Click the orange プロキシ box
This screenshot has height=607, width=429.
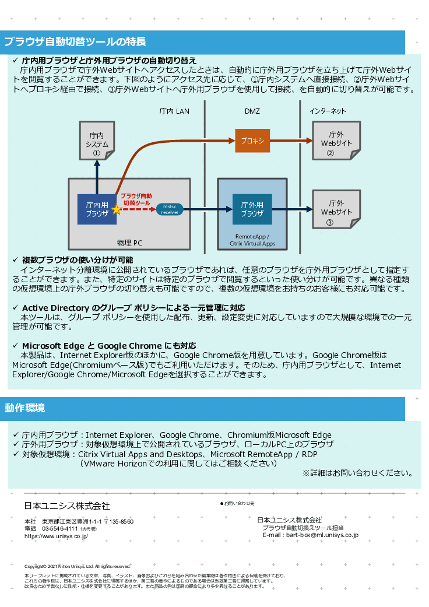(x=252, y=141)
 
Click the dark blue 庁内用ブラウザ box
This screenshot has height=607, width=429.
(x=97, y=209)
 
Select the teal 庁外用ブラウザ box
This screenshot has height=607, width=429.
(x=252, y=209)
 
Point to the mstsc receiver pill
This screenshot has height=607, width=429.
(x=170, y=209)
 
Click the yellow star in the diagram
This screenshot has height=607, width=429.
(x=117, y=209)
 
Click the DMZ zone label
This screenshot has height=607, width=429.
(x=252, y=111)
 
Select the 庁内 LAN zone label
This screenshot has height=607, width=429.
(x=174, y=111)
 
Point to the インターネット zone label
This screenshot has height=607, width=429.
(x=328, y=111)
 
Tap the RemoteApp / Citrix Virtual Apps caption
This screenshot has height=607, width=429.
(x=252, y=240)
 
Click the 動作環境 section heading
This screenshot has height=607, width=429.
(x=24, y=408)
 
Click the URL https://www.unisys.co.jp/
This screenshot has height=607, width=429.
(x=56, y=536)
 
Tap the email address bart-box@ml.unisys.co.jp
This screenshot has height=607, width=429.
(x=318, y=535)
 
